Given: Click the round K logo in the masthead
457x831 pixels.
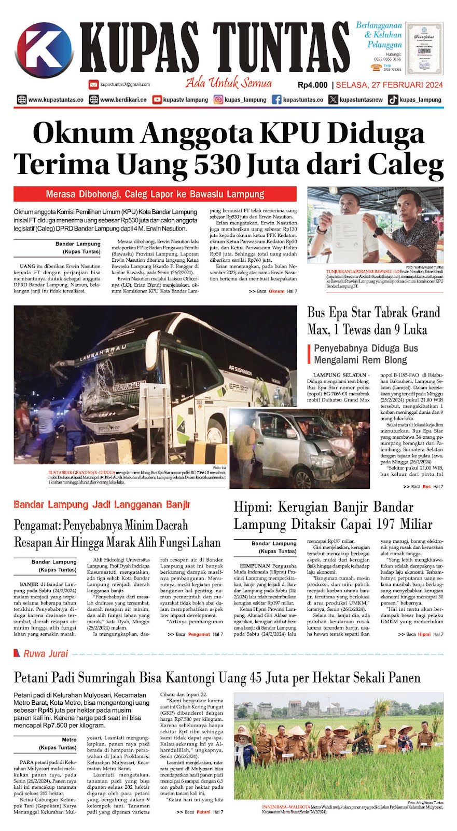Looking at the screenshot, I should (x=45, y=52).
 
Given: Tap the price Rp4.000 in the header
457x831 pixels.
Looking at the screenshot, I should (x=313, y=85).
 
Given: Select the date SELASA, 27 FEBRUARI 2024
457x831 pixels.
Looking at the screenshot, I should (x=390, y=85).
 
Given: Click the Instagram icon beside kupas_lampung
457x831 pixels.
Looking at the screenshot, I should (x=219, y=100).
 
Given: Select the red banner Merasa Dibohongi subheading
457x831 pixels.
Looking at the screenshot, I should (x=155, y=194).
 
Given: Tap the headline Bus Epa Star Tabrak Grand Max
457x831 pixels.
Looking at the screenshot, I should (x=373, y=320).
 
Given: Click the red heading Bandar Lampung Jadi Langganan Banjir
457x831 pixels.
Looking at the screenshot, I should (x=102, y=504).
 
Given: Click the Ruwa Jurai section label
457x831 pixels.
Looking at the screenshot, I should (x=46, y=654).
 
